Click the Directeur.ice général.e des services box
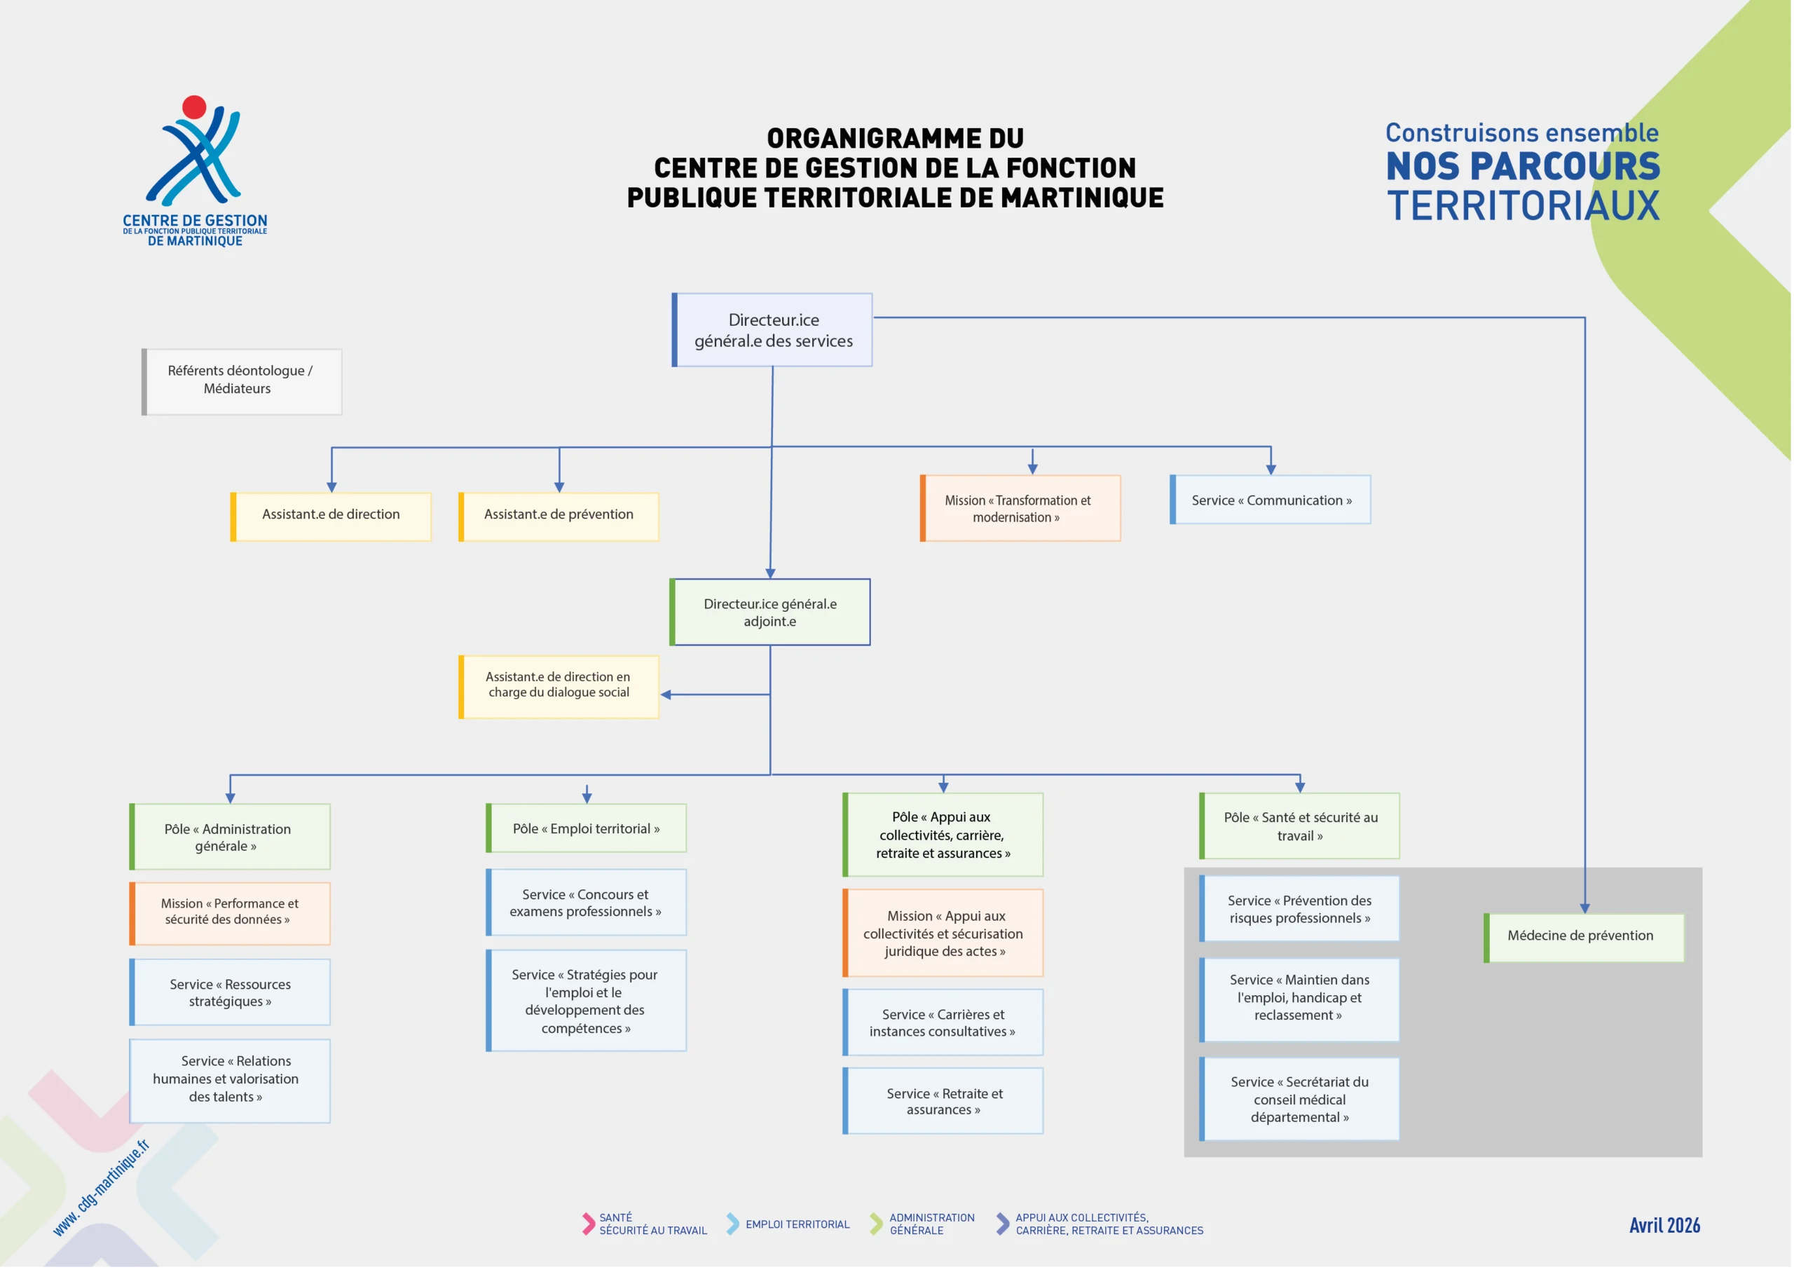point(773,330)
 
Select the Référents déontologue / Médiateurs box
point(242,381)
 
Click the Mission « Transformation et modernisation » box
point(1020,508)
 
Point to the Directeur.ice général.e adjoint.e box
point(771,613)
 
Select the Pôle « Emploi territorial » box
point(587,828)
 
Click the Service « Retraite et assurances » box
point(943,1100)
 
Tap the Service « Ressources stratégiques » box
point(231,992)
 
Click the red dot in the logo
point(194,107)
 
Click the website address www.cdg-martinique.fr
point(101,1188)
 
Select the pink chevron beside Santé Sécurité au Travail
point(588,1224)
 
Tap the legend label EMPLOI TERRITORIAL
point(797,1224)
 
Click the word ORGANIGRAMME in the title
point(895,139)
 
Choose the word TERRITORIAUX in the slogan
point(1523,205)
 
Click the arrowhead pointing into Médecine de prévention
point(1585,908)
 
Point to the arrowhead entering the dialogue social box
point(666,695)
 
